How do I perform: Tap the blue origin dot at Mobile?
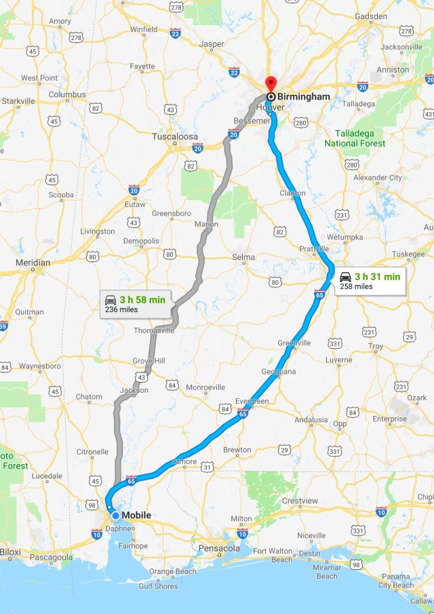[116, 516]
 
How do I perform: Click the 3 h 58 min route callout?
[136, 303]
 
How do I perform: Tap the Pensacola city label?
[220, 548]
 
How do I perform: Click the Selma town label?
[243, 257]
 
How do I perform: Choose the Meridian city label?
[33, 263]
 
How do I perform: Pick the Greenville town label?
[294, 343]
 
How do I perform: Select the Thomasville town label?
[154, 330]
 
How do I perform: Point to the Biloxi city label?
[11, 552]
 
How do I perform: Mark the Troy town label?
[375, 346]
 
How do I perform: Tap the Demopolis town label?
[141, 241]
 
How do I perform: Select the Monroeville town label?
[205, 387]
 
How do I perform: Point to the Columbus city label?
[67, 94]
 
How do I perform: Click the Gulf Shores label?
[158, 586]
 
